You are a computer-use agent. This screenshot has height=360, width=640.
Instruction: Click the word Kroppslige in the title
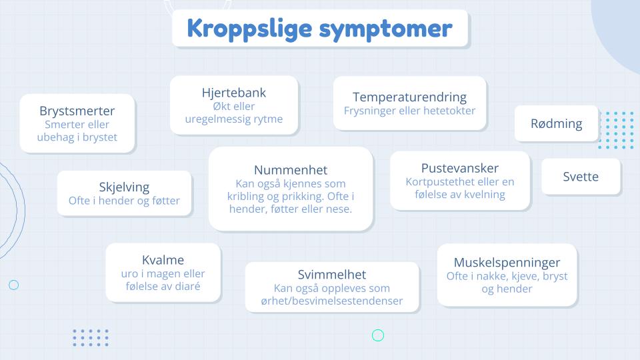point(249,29)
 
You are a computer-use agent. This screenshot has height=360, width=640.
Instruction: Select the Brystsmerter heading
point(77,111)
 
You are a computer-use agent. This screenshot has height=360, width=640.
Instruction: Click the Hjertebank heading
point(234,93)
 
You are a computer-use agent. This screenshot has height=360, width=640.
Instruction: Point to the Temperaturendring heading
point(409,97)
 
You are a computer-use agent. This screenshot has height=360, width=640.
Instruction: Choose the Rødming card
point(556,124)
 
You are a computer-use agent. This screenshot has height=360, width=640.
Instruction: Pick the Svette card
point(581,176)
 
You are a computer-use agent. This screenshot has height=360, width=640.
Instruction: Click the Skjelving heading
point(124,187)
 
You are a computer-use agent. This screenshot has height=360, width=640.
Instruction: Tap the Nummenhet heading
point(291,170)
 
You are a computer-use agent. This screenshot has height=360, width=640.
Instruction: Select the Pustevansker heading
point(460,168)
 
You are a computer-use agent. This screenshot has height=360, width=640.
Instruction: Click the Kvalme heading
point(163,260)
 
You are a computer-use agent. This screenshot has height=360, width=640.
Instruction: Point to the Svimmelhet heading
point(332,274)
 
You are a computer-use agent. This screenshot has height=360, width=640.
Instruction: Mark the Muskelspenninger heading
point(507,263)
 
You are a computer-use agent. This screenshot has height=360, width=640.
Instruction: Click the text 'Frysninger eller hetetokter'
point(409,111)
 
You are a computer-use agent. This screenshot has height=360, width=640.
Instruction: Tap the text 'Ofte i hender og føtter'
point(124,201)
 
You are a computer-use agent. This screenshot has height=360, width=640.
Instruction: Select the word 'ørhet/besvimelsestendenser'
point(332,301)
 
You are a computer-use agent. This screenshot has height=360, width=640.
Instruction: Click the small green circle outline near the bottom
point(378,335)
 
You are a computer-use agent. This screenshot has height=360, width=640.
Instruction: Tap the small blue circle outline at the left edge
point(14,285)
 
